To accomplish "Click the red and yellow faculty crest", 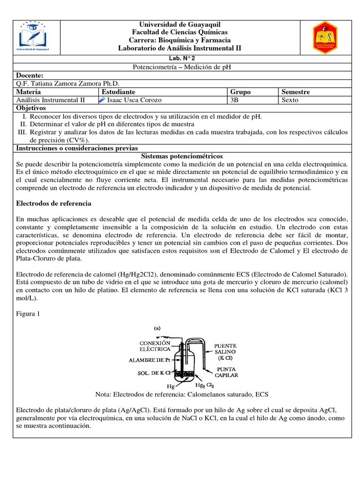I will click(x=325, y=37).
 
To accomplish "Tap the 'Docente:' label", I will click(x=30, y=75).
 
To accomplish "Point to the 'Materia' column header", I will click(x=29, y=92).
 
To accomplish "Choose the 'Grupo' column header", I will click(x=240, y=92).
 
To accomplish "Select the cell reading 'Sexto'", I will click(x=290, y=100).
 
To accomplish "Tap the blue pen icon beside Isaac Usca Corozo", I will click(x=103, y=100).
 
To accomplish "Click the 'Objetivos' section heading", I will click(x=32, y=108).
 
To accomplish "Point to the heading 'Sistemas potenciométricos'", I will click(x=182, y=156).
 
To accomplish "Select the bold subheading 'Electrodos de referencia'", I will click(x=53, y=203).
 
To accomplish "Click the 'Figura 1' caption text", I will click(x=29, y=315).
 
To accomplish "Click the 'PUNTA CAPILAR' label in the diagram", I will click(x=226, y=372).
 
